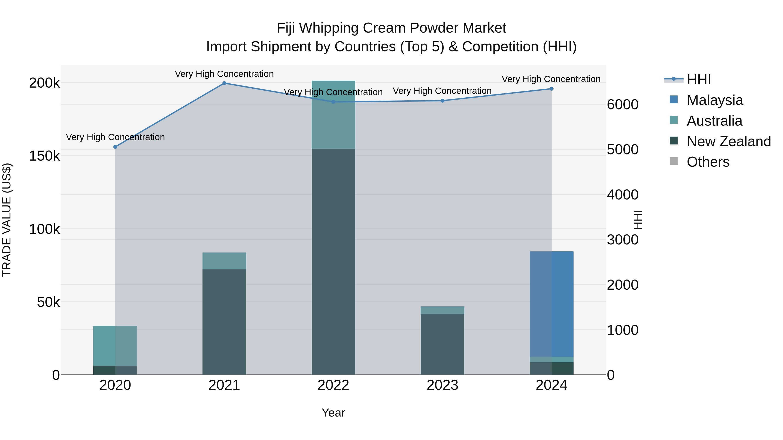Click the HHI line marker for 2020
[x=115, y=147]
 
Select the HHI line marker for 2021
[x=224, y=83]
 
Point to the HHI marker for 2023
[x=443, y=101]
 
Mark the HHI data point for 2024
[x=552, y=89]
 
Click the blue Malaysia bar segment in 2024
[x=552, y=304]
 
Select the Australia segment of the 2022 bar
[x=333, y=115]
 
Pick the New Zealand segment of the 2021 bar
[x=224, y=322]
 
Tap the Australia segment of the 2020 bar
[x=115, y=345]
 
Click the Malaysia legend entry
[x=714, y=100]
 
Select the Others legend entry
[x=708, y=162]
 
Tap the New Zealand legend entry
[x=728, y=141]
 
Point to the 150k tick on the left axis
[x=44, y=156]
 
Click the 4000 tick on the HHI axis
[x=622, y=195]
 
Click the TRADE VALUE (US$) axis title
[x=7, y=220]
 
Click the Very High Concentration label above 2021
[x=224, y=74]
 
